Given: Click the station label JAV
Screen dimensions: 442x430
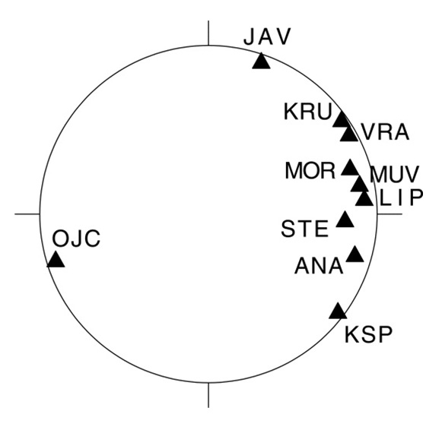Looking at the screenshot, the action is click(x=267, y=37).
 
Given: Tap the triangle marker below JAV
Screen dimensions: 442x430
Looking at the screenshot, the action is click(x=261, y=61).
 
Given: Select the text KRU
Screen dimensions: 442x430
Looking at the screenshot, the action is click(x=307, y=112).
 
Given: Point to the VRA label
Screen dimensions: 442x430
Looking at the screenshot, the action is click(x=386, y=132).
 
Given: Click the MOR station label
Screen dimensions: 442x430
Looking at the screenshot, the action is click(x=310, y=170).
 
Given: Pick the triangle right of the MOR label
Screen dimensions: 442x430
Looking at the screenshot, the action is click(x=350, y=167).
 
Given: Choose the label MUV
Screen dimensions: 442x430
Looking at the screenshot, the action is click(x=395, y=175).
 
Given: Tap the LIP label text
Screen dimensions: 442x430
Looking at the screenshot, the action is click(x=402, y=198).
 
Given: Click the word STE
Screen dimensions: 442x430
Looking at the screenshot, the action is click(x=305, y=229).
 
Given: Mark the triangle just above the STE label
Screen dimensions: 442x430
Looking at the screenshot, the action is click(x=345, y=220).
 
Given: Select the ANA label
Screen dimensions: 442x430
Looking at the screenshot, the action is click(x=319, y=266).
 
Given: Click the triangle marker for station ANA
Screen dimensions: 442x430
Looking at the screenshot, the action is click(x=355, y=254).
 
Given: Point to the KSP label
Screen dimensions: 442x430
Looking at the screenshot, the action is click(x=368, y=334).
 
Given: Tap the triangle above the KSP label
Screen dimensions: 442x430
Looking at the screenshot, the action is click(x=338, y=311).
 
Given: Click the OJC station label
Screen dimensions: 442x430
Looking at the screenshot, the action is click(x=76, y=239).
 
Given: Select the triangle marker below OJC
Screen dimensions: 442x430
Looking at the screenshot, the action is click(x=56, y=259).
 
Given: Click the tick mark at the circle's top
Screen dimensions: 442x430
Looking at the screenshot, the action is click(x=208, y=33).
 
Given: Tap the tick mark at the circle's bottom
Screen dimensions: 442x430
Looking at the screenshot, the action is click(x=208, y=395).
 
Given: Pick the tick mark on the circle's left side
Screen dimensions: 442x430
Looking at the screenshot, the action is click(x=27, y=214).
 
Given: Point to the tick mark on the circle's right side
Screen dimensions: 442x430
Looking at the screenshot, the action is click(x=390, y=214).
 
